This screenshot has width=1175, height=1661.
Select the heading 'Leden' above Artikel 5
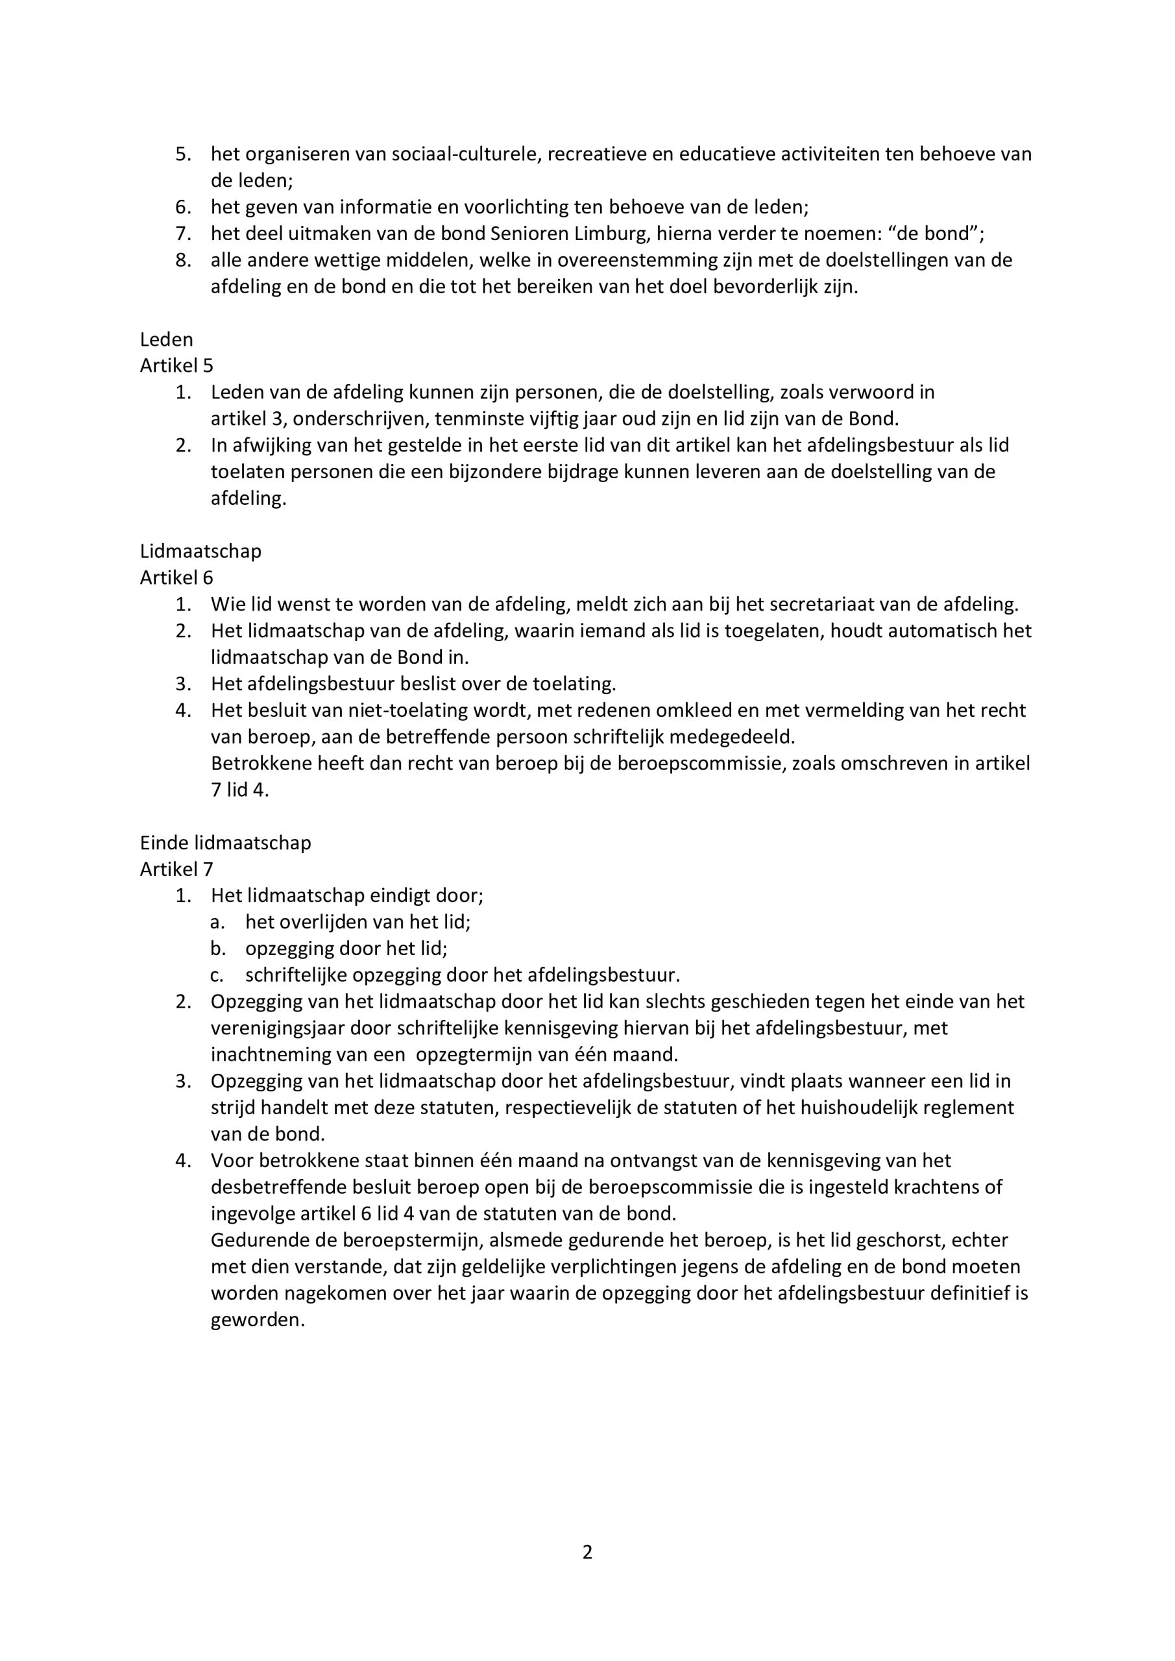(166, 339)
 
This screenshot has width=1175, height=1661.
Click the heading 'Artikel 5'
(176, 365)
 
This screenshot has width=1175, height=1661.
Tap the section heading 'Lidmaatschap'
(200, 552)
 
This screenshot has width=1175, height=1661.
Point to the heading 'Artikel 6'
(176, 577)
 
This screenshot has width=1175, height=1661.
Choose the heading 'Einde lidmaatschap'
(225, 843)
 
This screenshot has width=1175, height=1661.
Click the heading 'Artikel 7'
(176, 869)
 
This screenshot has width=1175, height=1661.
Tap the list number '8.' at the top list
(183, 260)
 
